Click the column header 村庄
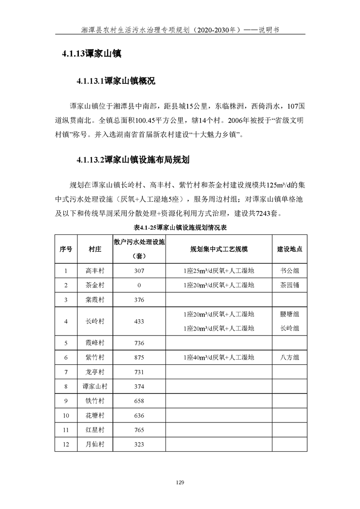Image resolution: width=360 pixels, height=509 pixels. (95, 249)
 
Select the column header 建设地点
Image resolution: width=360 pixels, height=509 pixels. (289, 249)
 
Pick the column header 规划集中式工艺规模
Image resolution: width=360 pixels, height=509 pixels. (219, 249)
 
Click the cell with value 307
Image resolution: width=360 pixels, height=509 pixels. (139, 271)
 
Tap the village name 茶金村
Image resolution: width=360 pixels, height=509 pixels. (95, 285)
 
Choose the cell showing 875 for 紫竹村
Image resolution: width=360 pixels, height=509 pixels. (139, 357)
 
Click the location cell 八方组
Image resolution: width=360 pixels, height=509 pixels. (289, 357)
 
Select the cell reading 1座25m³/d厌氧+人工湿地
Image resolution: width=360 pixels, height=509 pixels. (219, 271)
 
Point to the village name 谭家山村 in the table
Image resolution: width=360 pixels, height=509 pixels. (95, 387)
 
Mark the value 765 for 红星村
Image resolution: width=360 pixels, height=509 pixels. (139, 430)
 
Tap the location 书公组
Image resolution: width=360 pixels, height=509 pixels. (289, 271)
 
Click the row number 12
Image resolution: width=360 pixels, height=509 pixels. (66, 444)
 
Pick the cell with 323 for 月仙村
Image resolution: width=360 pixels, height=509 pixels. (139, 444)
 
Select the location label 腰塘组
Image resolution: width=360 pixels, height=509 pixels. (289, 314)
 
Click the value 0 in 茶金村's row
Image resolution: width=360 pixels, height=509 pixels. (139, 285)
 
